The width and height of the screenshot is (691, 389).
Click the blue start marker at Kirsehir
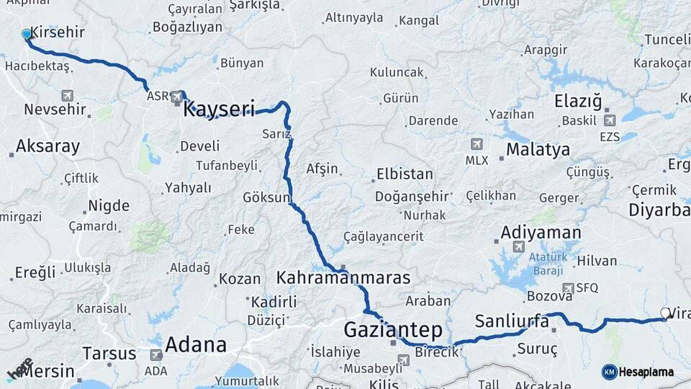[27, 34]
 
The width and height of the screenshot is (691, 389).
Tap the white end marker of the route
[664, 313]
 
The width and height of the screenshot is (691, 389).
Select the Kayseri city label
[219, 109]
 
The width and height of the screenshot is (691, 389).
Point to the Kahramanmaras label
[343, 277]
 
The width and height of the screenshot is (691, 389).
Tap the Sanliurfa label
[512, 321]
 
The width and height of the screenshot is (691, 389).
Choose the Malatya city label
[538, 150]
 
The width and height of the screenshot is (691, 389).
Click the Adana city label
[196, 345]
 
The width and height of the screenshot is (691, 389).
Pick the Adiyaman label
[541, 232]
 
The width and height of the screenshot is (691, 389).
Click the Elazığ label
[578, 102]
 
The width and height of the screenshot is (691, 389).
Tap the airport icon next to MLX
[476, 144]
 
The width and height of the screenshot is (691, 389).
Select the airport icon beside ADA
[155, 354]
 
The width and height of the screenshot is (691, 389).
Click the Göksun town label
[266, 197]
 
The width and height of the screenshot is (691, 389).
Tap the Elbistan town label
[404, 174]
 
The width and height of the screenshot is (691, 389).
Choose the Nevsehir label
[55, 109]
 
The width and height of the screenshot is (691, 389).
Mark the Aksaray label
[48, 146]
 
